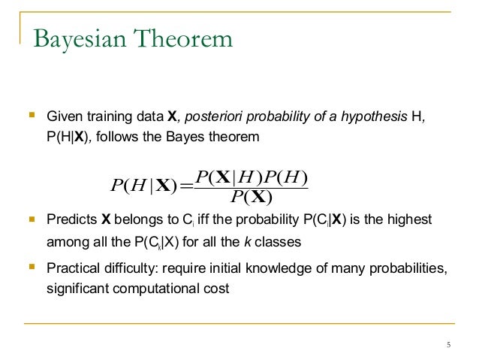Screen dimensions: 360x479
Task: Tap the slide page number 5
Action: pos(448,345)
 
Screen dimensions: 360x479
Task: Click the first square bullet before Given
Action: pos(32,116)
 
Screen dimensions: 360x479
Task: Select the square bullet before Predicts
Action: pos(32,219)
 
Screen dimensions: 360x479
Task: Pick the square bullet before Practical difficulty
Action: pos(32,267)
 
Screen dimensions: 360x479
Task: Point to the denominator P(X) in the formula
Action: pos(251,198)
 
